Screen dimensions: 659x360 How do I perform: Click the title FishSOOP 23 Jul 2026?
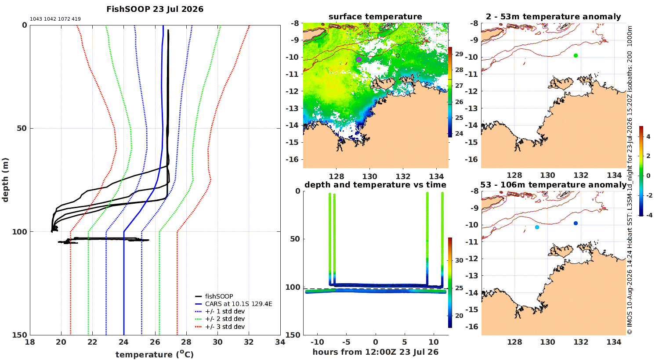[x=155, y=9]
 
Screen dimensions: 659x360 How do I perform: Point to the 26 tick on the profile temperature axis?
[x=155, y=342]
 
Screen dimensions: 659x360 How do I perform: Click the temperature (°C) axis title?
[x=155, y=354]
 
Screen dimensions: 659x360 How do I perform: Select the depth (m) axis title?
[x=5, y=180]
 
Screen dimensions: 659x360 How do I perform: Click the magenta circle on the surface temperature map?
[x=359, y=59]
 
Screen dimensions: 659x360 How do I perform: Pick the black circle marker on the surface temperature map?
[x=398, y=56]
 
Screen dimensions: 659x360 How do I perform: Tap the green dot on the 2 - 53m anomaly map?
[x=576, y=56]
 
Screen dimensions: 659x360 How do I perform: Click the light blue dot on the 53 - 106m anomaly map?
[x=537, y=227]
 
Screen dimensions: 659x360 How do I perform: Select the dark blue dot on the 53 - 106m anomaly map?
[x=576, y=223]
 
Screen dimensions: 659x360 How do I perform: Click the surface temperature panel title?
[x=375, y=17]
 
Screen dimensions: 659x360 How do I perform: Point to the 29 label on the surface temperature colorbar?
[x=459, y=54]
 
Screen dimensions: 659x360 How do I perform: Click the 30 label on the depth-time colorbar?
[x=459, y=260]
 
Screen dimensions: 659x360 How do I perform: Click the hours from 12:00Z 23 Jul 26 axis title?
[x=375, y=352]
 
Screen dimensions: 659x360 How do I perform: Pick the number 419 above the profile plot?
[x=76, y=19]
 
